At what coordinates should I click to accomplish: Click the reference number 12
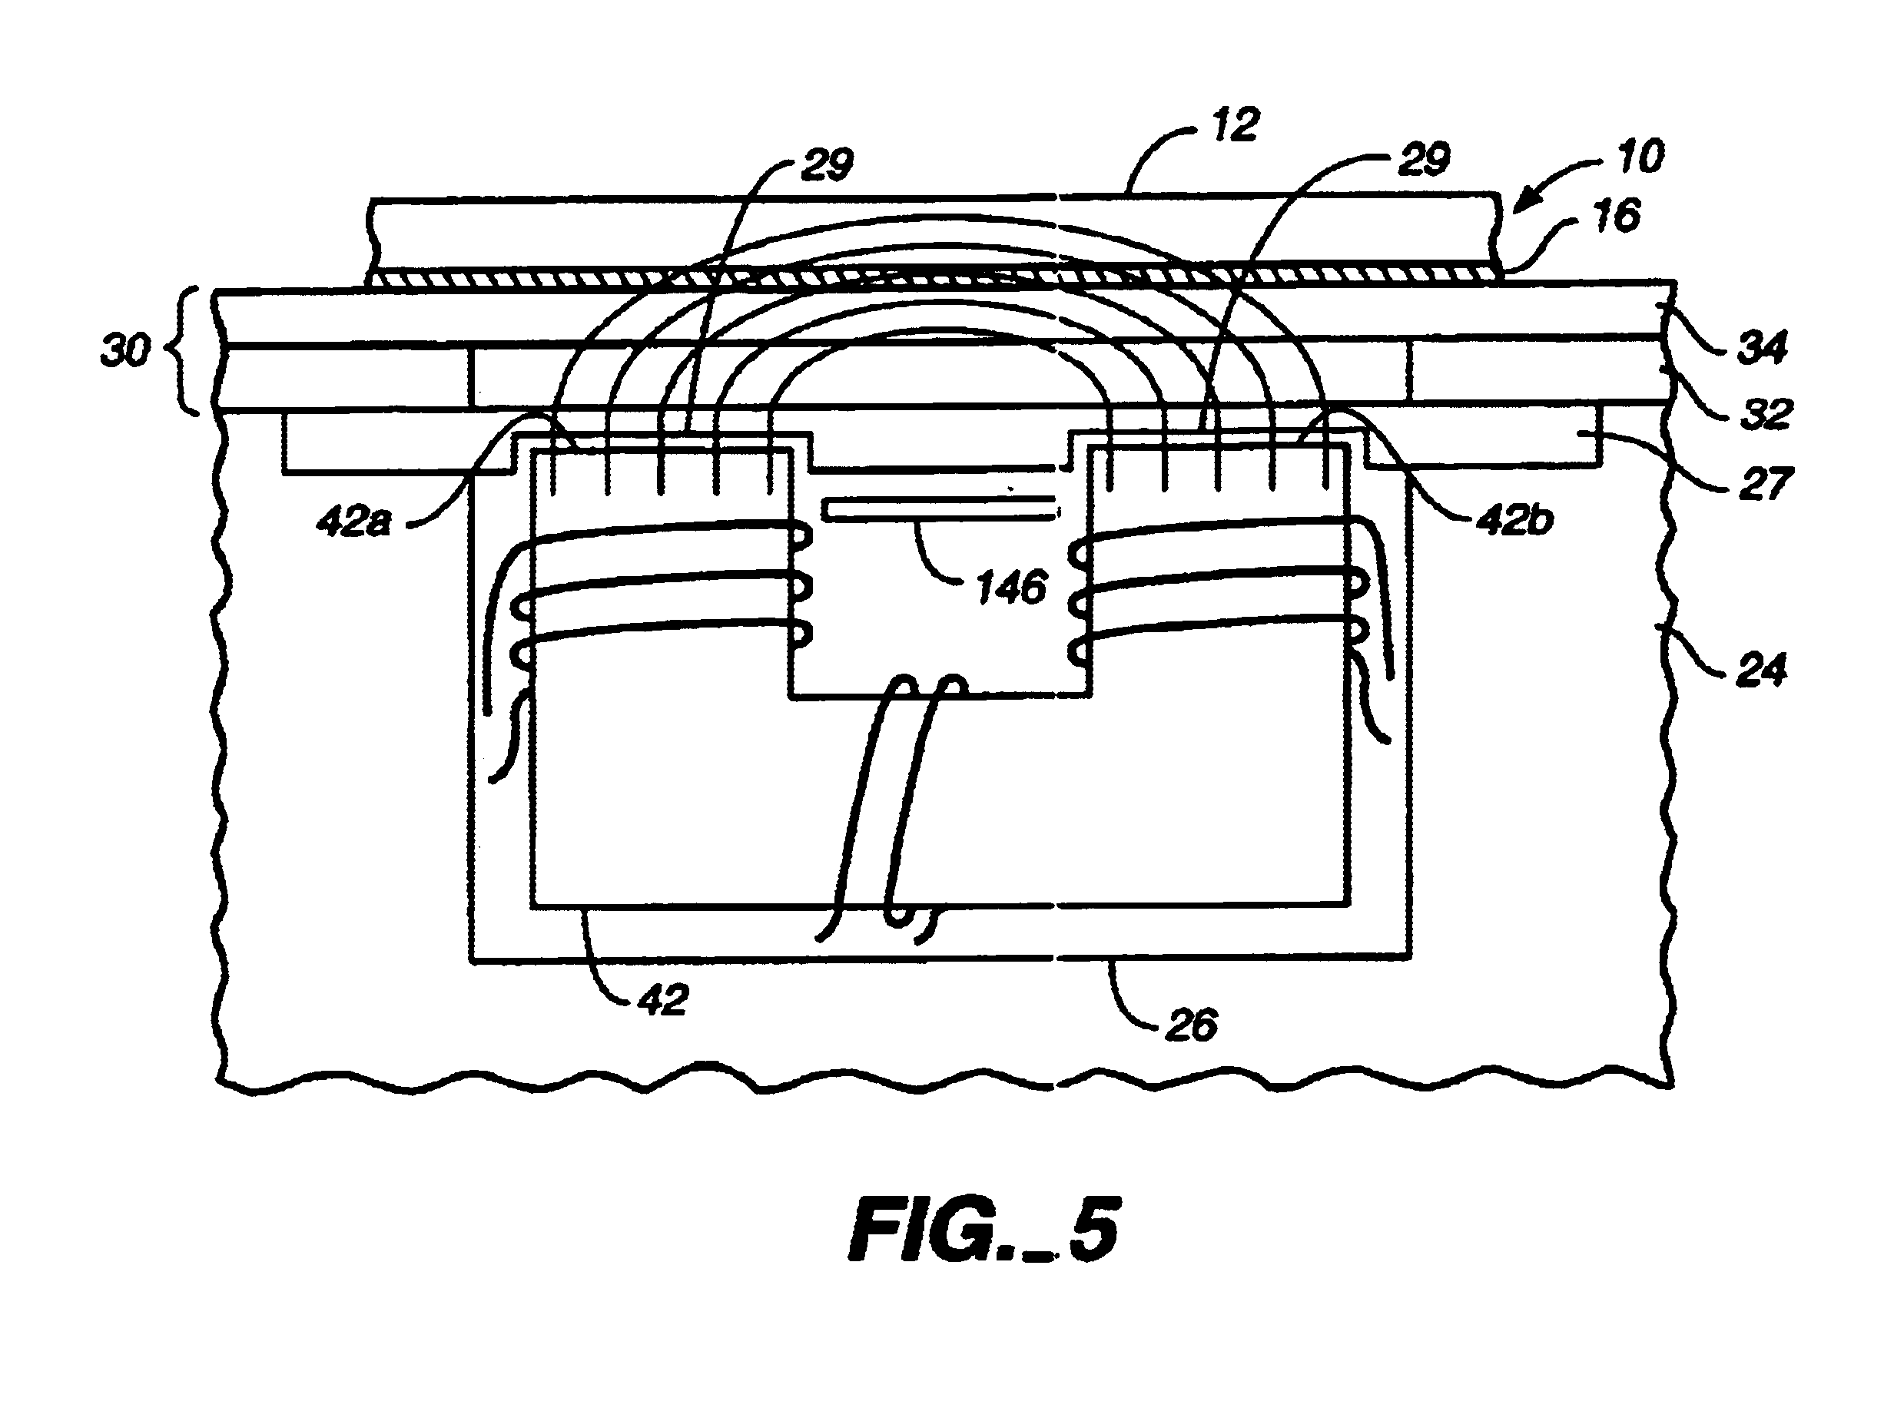(1236, 125)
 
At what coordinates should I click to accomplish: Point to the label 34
(1762, 348)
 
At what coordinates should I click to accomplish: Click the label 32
(1766, 414)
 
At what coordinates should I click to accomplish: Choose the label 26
(1192, 1024)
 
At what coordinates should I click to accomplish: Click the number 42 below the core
(663, 999)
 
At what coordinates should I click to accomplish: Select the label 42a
(353, 520)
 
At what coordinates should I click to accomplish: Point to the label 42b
(1514, 520)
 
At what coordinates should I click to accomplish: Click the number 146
(1011, 588)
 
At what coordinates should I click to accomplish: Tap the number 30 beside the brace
(124, 351)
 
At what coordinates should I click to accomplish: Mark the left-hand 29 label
(827, 164)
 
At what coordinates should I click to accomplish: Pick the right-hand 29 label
(1425, 160)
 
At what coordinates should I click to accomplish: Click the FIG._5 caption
(984, 1229)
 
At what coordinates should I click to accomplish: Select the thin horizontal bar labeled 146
(940, 509)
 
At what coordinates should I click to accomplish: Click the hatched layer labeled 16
(934, 275)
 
